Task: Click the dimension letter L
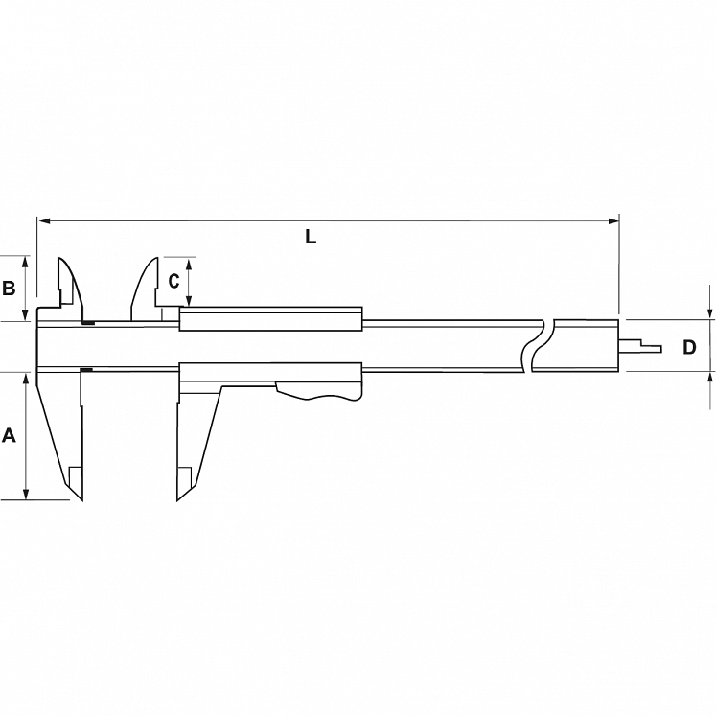(x=311, y=237)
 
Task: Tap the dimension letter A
(x=10, y=436)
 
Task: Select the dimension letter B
(x=9, y=288)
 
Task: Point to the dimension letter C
(x=173, y=281)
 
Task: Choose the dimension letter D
(x=688, y=347)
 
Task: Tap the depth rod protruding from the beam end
(x=642, y=345)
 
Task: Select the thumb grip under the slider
(x=321, y=393)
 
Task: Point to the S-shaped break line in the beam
(x=537, y=345)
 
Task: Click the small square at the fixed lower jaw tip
(x=75, y=475)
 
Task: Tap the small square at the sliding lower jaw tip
(x=185, y=475)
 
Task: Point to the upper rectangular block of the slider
(x=270, y=319)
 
